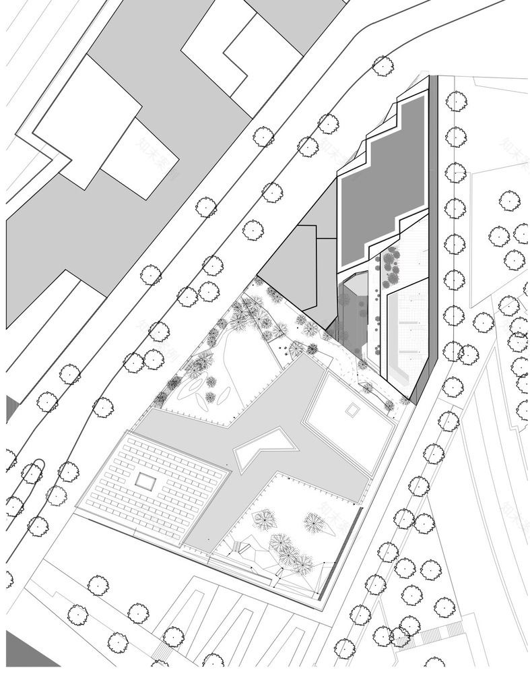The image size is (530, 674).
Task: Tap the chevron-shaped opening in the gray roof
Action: (x=265, y=450)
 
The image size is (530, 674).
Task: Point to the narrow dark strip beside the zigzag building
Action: (x=434, y=202)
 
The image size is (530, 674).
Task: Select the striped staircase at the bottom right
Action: (x=440, y=634)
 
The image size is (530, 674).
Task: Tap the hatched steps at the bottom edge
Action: (x=162, y=652)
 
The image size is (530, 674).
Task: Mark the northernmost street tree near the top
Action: (x=383, y=65)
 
